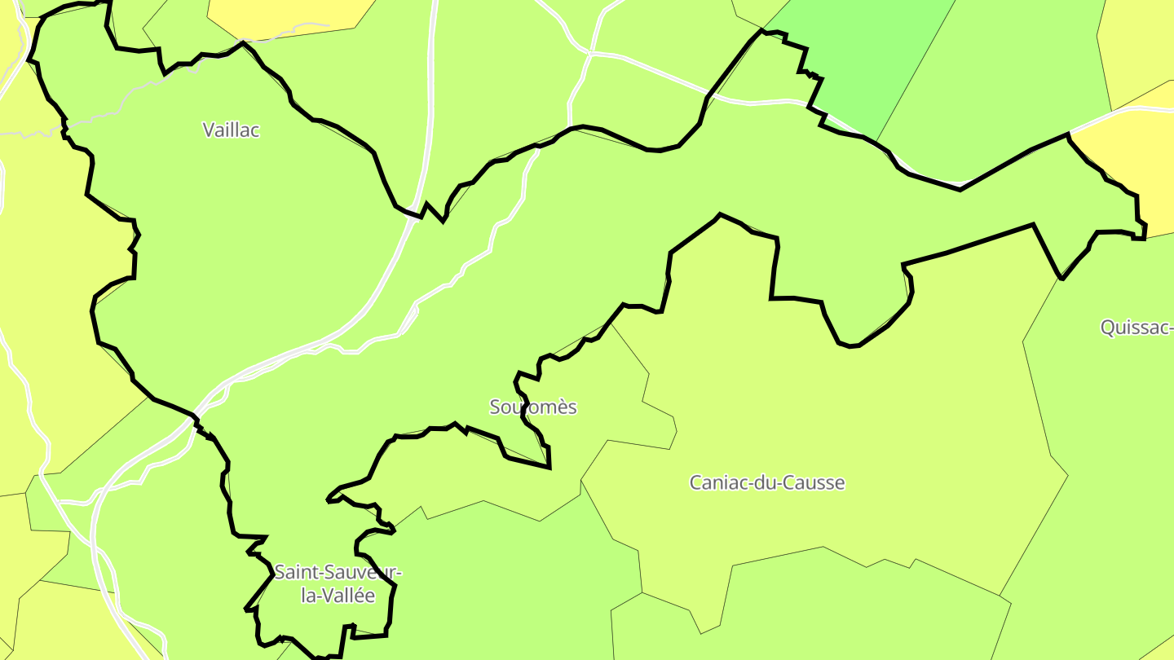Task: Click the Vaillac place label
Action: click(x=231, y=130)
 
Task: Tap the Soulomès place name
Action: click(x=533, y=407)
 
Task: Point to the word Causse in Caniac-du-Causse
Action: click(x=818, y=482)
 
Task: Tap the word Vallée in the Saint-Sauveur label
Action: click(x=348, y=596)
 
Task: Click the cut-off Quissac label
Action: click(x=1136, y=328)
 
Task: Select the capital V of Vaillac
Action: click(x=208, y=130)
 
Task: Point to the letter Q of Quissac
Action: click(x=1107, y=328)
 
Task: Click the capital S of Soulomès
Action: click(x=494, y=407)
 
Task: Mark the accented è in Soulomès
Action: click(x=560, y=407)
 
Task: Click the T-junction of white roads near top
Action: click(x=589, y=54)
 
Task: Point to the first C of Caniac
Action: click(x=695, y=482)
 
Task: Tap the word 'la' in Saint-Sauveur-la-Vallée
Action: click(x=307, y=596)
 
